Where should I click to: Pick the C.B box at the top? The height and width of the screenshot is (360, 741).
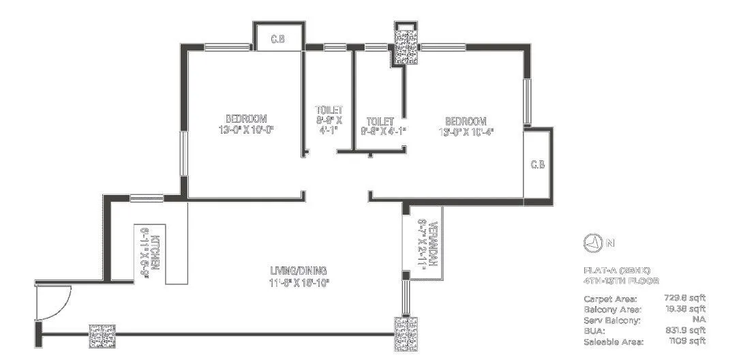(277, 40)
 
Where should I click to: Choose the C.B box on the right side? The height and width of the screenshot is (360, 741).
(538, 164)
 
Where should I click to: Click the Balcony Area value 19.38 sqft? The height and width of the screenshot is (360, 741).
(684, 309)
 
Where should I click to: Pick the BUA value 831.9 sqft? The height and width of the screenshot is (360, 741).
(684, 330)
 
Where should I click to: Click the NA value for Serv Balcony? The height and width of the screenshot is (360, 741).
(698, 320)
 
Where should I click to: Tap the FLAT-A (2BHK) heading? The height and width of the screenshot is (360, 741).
(612, 270)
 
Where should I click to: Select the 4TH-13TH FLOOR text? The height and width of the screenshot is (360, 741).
(621, 280)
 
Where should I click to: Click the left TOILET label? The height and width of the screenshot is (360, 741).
(329, 110)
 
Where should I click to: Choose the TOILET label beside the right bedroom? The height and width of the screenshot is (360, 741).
(380, 121)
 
